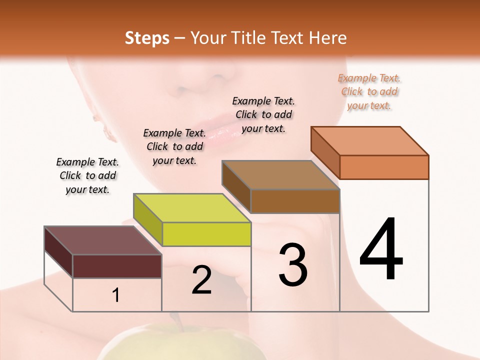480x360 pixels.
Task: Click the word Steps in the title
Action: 147,38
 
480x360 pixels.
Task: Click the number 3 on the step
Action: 293,265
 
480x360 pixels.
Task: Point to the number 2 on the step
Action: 201,280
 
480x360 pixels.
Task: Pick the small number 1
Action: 116,295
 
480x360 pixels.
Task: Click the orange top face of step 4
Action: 370,141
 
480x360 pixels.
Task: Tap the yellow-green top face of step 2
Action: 192,208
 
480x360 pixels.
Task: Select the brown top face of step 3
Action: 281,175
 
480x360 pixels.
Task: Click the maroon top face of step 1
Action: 103,240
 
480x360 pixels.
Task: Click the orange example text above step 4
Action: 369,91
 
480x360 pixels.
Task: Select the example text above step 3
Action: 263,114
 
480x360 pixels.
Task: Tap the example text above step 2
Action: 174,146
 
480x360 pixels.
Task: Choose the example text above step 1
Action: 87,175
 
